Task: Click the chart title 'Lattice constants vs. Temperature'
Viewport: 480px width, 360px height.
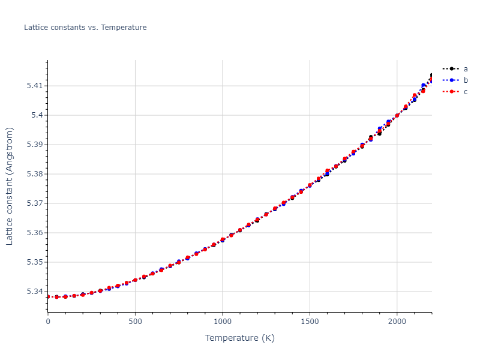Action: click(x=85, y=28)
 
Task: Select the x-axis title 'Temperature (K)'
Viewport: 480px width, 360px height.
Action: click(x=240, y=338)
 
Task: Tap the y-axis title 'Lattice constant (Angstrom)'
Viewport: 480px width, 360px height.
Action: click(x=10, y=186)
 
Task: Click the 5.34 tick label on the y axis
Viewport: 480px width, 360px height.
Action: click(x=35, y=292)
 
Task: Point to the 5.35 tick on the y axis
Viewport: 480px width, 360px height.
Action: click(x=35, y=262)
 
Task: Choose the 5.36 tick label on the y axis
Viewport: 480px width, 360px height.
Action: click(x=35, y=233)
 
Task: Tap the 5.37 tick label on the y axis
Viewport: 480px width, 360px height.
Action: click(x=35, y=203)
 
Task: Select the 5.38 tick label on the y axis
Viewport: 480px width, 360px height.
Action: click(x=35, y=174)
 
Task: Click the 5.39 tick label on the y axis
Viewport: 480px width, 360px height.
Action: click(x=35, y=145)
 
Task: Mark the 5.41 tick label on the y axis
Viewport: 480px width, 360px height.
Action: click(x=35, y=86)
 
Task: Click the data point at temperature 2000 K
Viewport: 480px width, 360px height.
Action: click(x=397, y=115)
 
